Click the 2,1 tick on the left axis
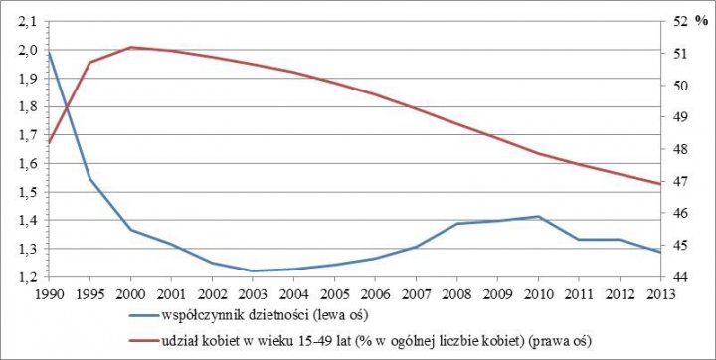pos(25,21)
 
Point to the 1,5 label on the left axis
pos(25,192)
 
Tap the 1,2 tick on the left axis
pos(25,277)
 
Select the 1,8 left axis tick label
pos(25,106)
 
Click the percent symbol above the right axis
pos(701,21)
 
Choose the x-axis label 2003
pos(255,293)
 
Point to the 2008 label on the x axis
pos(458,293)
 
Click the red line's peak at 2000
pos(132,47)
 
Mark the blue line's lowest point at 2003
pos(255,270)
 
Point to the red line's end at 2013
pos(661,184)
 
